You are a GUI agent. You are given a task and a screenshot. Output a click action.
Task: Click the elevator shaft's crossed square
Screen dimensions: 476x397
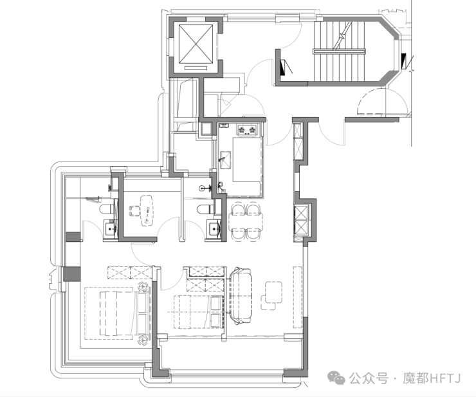(x=196, y=44)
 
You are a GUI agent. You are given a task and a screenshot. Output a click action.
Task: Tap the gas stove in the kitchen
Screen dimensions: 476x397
(x=247, y=131)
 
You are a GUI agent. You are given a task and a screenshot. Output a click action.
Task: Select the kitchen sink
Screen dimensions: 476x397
(x=225, y=160)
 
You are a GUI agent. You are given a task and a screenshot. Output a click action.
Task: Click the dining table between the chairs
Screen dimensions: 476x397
(x=246, y=222)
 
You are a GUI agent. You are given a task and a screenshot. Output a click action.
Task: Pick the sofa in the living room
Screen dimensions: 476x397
(x=241, y=295)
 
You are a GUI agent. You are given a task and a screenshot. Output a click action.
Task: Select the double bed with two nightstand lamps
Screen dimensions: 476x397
(x=117, y=313)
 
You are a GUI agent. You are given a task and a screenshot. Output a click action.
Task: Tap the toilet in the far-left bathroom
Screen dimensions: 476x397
(x=107, y=209)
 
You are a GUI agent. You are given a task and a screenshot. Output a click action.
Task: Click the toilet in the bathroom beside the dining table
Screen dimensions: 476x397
(x=205, y=209)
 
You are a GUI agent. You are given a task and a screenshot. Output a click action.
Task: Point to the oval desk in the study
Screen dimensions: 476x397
(x=147, y=210)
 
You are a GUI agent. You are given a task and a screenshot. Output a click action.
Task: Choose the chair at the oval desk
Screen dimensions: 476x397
(x=134, y=210)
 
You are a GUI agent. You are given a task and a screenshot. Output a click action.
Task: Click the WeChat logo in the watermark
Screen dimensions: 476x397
(x=336, y=378)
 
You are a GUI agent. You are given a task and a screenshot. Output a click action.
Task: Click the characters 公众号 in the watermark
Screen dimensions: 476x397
(x=369, y=378)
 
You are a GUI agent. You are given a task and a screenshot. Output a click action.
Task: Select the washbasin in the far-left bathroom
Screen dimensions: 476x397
(x=110, y=228)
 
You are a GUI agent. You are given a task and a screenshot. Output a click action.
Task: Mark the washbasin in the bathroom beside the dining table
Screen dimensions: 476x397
(x=214, y=228)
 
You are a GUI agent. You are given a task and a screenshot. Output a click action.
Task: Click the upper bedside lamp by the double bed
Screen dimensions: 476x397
(x=142, y=286)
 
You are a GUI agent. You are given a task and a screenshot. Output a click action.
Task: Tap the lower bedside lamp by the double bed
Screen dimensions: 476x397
(x=142, y=340)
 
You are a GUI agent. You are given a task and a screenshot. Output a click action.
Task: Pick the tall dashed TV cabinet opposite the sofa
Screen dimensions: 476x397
(x=297, y=297)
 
